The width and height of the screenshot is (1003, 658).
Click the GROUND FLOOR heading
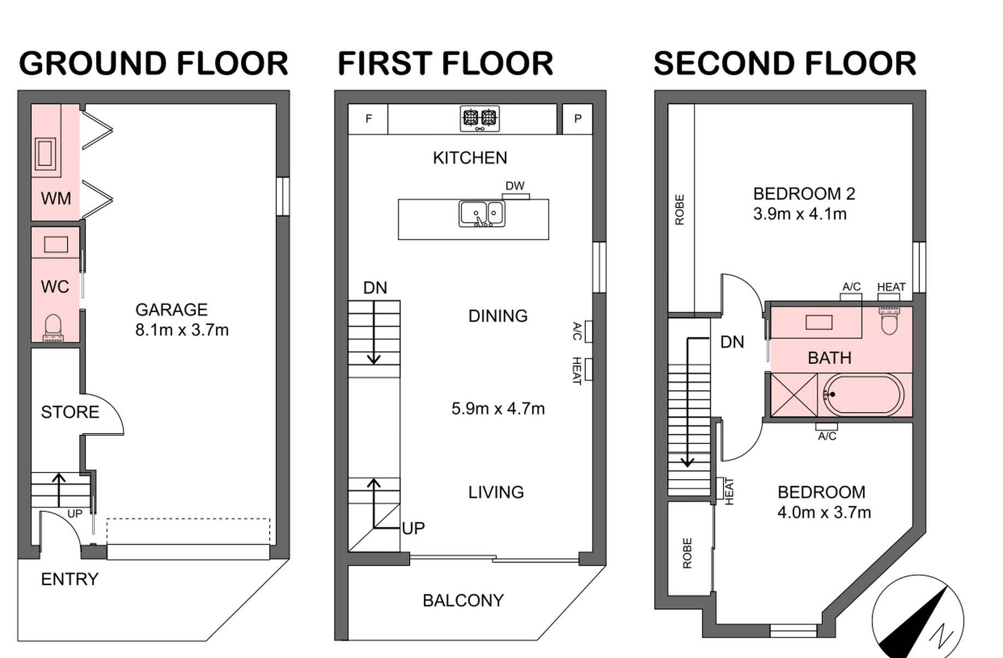[153, 63]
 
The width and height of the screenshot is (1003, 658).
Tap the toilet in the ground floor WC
[53, 327]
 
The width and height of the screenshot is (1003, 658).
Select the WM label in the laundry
[56, 198]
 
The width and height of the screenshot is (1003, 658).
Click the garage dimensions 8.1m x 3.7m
[182, 330]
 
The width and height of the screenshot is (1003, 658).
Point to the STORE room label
[70, 412]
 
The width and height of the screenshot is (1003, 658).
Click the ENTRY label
[70, 579]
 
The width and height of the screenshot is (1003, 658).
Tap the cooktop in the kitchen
[480, 118]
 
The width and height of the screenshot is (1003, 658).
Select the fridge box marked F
[369, 119]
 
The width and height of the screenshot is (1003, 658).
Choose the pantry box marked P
[578, 119]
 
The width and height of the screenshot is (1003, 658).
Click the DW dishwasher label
[515, 186]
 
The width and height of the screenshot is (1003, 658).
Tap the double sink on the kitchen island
[482, 213]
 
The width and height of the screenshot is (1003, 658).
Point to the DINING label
[498, 316]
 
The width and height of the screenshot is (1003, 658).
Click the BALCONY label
[463, 601]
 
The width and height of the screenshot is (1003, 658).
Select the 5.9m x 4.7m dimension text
[498, 409]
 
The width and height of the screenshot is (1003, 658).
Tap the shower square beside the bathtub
[794, 395]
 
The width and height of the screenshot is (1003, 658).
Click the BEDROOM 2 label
[804, 194]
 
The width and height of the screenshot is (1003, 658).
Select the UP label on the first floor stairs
[413, 528]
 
